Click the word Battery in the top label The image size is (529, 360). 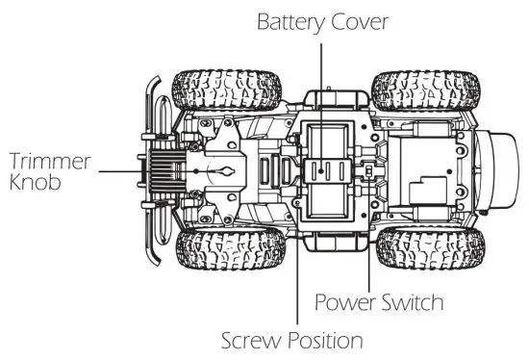tap(291, 22)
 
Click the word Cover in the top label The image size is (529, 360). tap(360, 21)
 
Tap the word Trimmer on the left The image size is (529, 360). tap(50, 161)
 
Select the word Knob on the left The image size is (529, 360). tap(35, 182)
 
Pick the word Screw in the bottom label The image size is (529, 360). tap(252, 341)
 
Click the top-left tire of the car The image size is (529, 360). tap(227, 90)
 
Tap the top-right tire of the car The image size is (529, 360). tap(426, 90)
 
